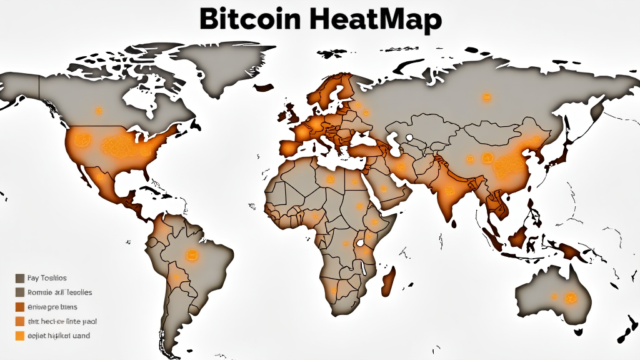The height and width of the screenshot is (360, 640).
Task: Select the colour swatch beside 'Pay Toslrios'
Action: coord(20,278)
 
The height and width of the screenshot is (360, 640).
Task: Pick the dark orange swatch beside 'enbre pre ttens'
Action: coord(20,307)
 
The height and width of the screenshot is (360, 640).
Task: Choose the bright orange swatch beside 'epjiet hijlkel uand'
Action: coord(20,336)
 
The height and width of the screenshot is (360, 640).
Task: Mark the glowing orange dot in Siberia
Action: coord(486,97)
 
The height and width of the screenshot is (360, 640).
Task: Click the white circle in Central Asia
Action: coord(409,137)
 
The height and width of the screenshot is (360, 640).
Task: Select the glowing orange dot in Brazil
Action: coord(191,254)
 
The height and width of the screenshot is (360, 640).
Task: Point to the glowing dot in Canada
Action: coord(98,111)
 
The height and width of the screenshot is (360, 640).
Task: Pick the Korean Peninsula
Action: coord(535,150)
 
